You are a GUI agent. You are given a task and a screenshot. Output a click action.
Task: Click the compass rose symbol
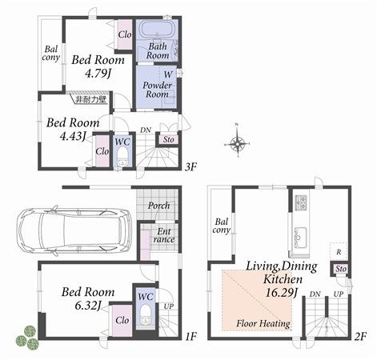(x=238, y=144)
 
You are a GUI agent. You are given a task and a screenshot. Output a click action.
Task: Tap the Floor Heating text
(x=263, y=324)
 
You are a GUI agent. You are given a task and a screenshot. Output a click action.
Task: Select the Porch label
(x=159, y=206)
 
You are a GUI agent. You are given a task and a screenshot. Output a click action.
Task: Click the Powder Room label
(x=156, y=88)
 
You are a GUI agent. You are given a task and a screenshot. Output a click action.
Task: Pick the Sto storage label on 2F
(x=339, y=269)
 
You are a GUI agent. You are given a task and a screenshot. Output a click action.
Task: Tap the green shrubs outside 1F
(x=27, y=335)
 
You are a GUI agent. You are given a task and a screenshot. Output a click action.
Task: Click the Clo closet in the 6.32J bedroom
(x=122, y=321)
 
